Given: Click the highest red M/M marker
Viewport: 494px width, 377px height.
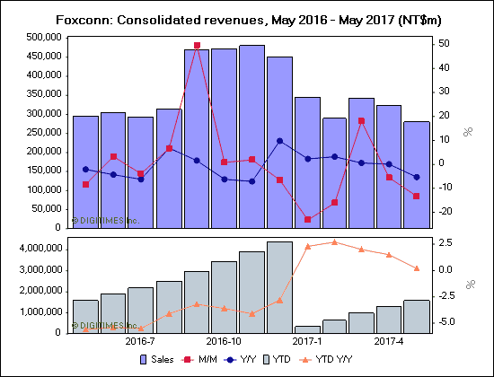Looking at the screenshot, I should point(197,45).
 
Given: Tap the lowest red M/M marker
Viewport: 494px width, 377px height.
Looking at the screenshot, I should point(307,219).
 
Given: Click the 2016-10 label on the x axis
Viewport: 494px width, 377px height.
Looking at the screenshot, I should point(224,341).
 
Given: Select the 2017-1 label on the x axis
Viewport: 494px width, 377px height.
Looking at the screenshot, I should point(307,341).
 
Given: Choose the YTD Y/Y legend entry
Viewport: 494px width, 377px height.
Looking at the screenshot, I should point(334,359).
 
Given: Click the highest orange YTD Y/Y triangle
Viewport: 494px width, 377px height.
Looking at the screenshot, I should point(334,241).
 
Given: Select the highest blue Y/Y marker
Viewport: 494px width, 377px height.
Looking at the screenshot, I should point(279,141).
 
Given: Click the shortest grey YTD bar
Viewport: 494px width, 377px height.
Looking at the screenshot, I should point(307,329).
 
